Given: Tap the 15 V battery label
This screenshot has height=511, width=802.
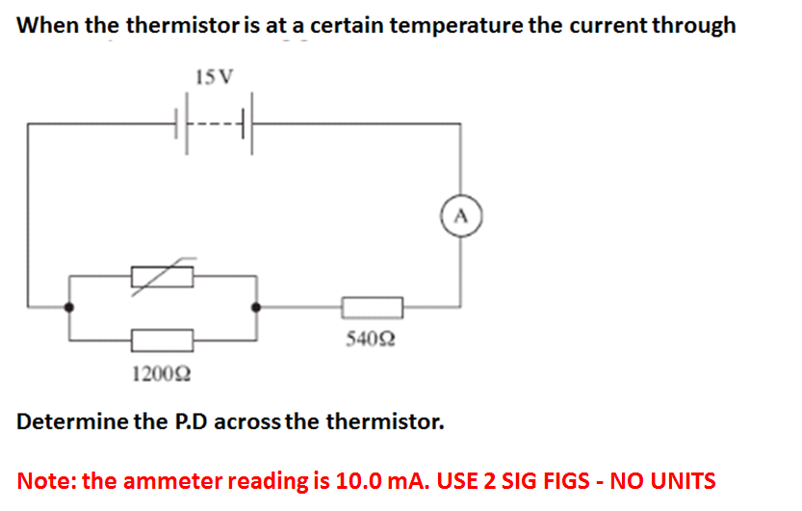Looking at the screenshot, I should pos(214,76).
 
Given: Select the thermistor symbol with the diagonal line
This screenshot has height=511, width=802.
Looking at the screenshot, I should pos(163,275).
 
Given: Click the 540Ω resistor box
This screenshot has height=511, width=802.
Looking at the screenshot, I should pos(372,308).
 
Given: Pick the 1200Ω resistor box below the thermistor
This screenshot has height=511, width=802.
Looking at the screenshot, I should pos(163,339).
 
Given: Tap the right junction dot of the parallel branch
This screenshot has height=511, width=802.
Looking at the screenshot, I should pos(255,308).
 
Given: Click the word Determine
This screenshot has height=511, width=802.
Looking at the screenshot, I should pos(74,422).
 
